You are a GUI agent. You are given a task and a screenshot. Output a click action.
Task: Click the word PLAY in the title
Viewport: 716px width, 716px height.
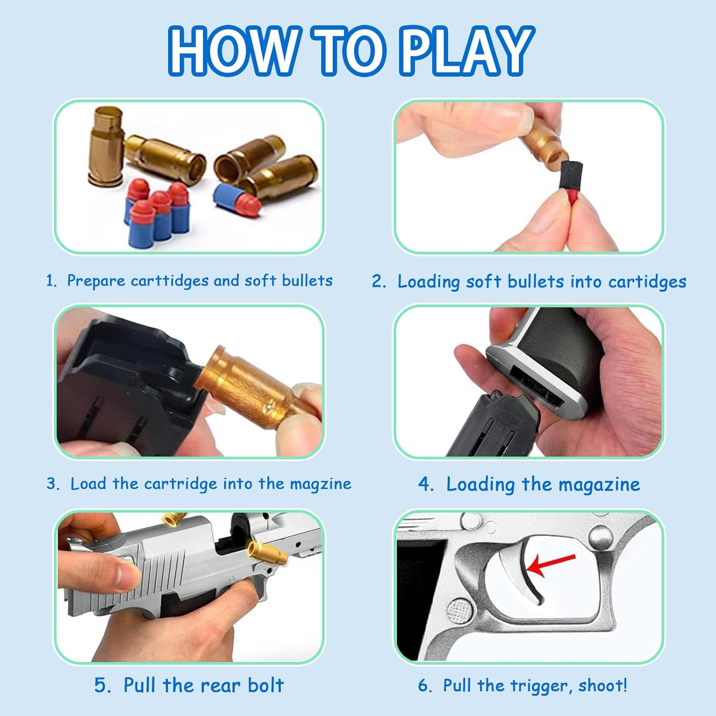click(x=467, y=50)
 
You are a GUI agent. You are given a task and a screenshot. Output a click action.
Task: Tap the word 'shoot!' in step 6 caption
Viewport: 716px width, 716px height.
click(x=602, y=685)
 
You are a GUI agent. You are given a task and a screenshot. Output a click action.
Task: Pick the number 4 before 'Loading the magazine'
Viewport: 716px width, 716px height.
click(x=424, y=484)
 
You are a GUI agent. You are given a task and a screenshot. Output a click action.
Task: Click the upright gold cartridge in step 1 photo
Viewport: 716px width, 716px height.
click(x=106, y=146)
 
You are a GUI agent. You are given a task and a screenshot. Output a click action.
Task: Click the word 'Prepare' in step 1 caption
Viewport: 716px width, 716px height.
click(x=96, y=281)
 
